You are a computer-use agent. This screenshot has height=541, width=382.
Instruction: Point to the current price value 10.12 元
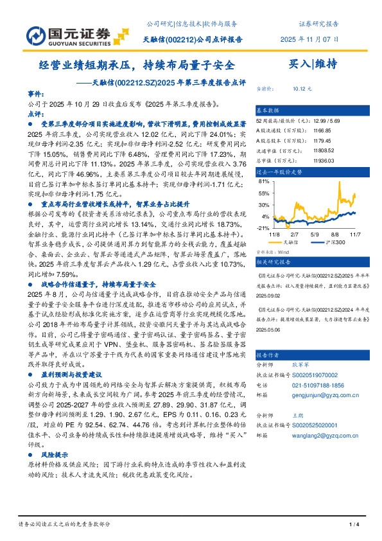coord(302,88)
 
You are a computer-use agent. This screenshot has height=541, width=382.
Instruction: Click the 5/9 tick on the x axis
coord(315,235)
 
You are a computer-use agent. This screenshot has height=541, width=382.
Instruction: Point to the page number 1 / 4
coord(352,526)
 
